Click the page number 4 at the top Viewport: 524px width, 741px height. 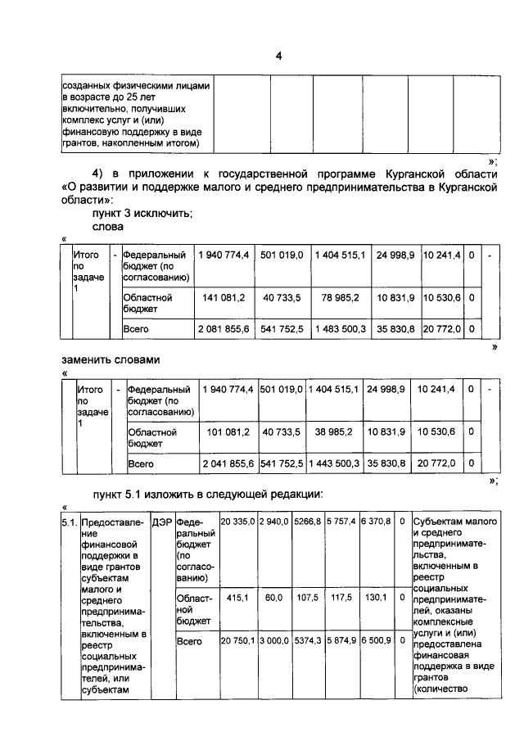[278, 56]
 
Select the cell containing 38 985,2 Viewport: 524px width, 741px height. [335, 431]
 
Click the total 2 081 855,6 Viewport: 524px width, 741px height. [223, 328]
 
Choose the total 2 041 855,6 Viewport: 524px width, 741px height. [228, 463]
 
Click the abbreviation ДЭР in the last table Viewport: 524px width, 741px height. [162, 521]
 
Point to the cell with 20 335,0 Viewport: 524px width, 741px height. [238, 521]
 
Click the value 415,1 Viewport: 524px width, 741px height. [237, 598]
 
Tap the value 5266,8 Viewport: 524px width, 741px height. [307, 521]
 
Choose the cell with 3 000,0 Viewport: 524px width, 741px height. [274, 641]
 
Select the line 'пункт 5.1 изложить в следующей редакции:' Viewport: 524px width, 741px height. [208, 494]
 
